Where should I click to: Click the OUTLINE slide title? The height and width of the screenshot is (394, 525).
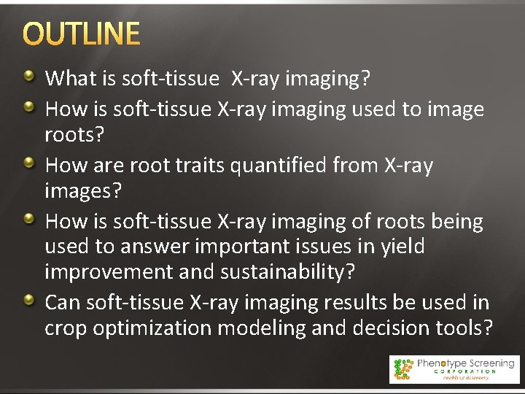81,34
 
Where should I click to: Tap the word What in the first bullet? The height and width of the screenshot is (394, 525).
67,79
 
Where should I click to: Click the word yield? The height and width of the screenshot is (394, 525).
402,247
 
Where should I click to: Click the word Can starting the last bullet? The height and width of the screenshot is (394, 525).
63,303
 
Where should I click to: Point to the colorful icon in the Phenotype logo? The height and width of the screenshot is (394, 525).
402,368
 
